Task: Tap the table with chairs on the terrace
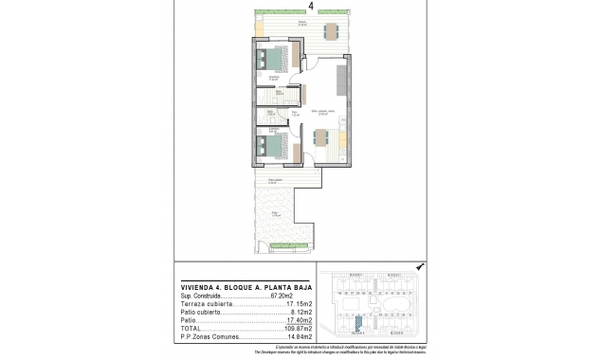(330, 30)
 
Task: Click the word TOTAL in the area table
(192, 329)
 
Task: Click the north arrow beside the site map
(419, 268)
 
